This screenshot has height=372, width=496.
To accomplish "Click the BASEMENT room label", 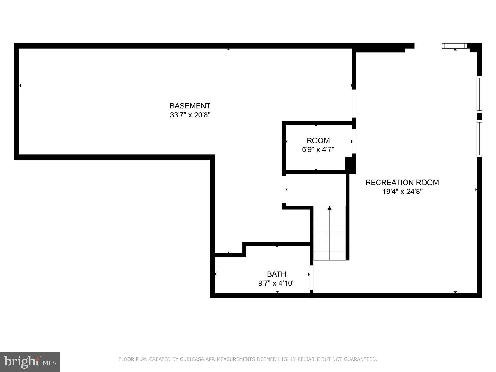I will point(190,106).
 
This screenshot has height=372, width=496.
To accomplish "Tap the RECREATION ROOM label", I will point(402,183).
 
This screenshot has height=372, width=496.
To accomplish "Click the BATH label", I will point(277,274).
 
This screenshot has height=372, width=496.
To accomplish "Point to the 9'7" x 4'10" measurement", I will point(277,283).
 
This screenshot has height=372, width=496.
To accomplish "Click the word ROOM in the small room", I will point(318,140).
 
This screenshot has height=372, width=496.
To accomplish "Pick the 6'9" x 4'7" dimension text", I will point(318,150).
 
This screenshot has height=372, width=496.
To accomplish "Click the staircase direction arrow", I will point(330,208).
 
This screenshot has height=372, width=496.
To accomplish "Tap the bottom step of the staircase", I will point(330,256).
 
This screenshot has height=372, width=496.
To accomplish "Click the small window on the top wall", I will point(455,46).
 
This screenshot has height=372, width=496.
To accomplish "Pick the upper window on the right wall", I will point(479,94).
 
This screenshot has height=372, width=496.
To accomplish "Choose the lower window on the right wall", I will point(479,139).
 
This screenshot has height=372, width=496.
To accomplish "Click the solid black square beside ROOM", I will point(350,165).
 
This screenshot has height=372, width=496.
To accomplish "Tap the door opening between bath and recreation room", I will point(312,277).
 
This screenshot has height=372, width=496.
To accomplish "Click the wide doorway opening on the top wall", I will point(428,46).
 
